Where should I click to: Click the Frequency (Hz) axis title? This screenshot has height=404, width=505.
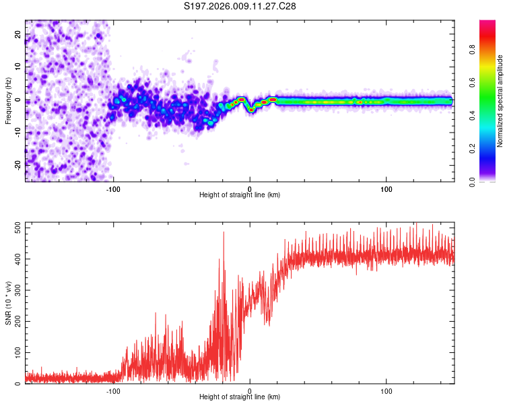pyautogui.click(x=8, y=101)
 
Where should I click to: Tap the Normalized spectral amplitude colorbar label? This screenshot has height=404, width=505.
pyautogui.click(x=500, y=100)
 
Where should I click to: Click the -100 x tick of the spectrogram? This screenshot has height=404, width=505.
pyautogui.click(x=113, y=189)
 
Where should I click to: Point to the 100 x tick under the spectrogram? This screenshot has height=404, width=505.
pyautogui.click(x=386, y=189)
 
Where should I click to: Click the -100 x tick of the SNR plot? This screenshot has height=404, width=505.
pyautogui.click(x=113, y=391)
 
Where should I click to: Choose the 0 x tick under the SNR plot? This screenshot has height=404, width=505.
pyautogui.click(x=250, y=391)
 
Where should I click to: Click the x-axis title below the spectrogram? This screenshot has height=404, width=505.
pyautogui.click(x=240, y=195)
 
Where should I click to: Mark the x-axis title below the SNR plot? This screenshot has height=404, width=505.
pyautogui.click(x=240, y=397)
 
